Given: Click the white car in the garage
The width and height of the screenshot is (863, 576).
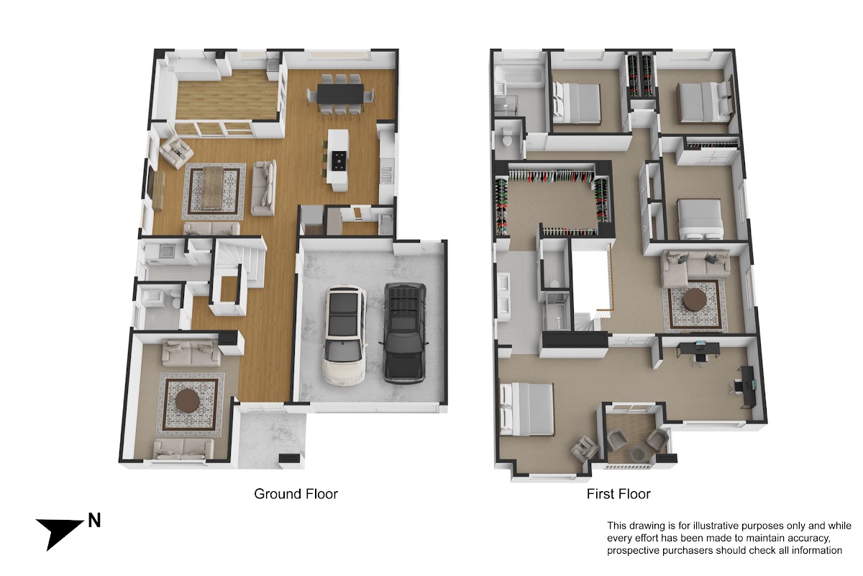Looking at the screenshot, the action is (x=344, y=336).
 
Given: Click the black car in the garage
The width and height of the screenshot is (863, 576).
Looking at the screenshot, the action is (x=405, y=333).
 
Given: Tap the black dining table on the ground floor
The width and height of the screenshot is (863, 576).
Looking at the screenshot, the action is (x=341, y=94).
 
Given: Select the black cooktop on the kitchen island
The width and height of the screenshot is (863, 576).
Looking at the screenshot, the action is (x=339, y=161).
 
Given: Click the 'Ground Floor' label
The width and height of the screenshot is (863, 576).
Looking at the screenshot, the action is (x=296, y=494).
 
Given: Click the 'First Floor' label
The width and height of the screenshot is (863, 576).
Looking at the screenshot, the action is (x=618, y=494).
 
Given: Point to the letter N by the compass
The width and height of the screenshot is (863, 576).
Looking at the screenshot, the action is (x=94, y=521).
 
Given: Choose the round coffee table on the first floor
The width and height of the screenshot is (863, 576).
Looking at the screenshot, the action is (x=695, y=300).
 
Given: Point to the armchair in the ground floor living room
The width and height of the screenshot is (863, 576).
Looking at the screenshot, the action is (x=176, y=152).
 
